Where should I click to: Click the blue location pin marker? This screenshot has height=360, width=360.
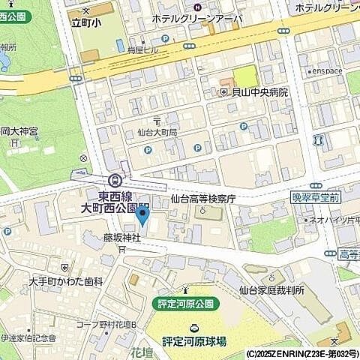coord(143,219)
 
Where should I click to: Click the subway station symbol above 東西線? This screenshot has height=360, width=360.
coord(115,180)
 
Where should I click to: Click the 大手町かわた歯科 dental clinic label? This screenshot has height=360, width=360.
coord(66,281)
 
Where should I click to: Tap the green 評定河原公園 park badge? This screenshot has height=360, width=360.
coord(185,304)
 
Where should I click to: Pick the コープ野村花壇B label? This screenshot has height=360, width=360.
coord(104,325)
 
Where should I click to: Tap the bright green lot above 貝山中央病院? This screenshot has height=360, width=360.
coord(245,76)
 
